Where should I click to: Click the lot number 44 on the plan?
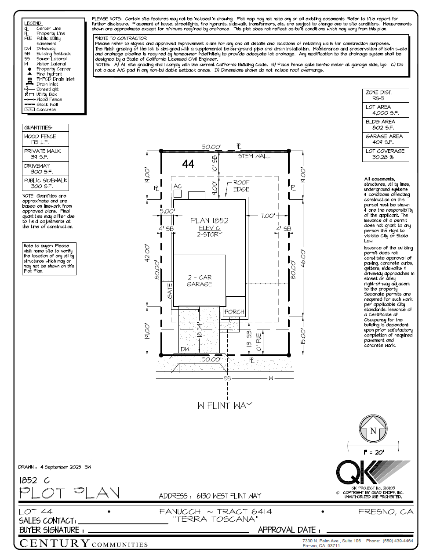click(x=188, y=164)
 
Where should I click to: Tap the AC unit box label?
click(x=177, y=186)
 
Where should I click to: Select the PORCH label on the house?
click(x=234, y=312)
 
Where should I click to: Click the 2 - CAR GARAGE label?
click(x=199, y=281)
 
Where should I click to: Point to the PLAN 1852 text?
click(x=209, y=220)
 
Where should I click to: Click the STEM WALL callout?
click(x=254, y=156)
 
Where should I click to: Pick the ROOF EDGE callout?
click(x=241, y=185)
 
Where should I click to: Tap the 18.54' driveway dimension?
click(x=200, y=329)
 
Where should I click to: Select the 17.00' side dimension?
click(x=266, y=216)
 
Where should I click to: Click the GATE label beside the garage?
click(x=170, y=291)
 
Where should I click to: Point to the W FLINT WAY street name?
click(x=225, y=406)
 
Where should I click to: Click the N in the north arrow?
click(x=373, y=431)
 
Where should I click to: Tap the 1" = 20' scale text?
click(x=373, y=452)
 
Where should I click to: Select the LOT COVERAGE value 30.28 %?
click(x=382, y=157)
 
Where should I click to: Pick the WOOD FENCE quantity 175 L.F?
click(x=40, y=142)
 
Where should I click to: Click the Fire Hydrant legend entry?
click(x=49, y=74)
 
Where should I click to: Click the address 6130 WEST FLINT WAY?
click(x=229, y=496)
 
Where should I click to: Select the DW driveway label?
click(x=185, y=350)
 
